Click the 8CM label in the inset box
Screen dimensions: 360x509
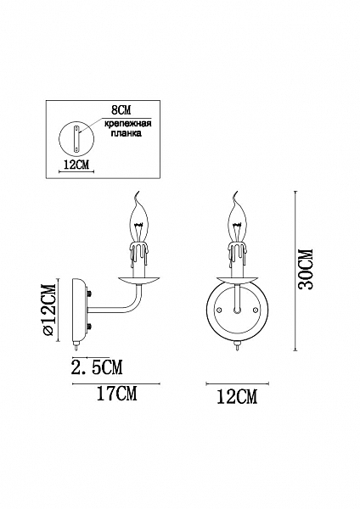[121, 110]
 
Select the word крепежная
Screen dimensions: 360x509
[127, 124]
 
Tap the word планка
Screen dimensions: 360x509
[127, 133]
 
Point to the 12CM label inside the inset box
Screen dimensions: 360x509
[76, 165]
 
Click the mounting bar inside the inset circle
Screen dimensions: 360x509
[77, 138]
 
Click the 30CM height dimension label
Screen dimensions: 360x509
[306, 269]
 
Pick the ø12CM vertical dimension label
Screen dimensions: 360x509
[50, 310]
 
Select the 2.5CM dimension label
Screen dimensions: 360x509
[96, 367]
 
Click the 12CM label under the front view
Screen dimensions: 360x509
[237, 396]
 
